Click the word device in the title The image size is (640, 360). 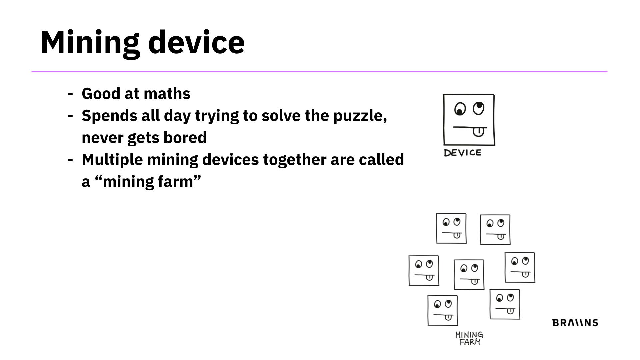[x=196, y=42]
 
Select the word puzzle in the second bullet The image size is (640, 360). [x=360, y=116]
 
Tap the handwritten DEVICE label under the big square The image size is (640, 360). [x=462, y=153]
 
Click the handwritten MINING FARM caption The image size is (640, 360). [x=469, y=338]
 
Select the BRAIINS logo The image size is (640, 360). [x=575, y=323]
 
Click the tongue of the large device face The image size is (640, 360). [x=478, y=132]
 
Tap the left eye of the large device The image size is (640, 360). [x=460, y=109]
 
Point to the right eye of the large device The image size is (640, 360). [x=479, y=108]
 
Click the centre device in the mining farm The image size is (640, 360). [x=469, y=275]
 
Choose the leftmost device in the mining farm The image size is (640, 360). [x=424, y=271]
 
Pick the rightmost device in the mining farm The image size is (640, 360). [x=520, y=267]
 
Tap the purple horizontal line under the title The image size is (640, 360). [x=319, y=72]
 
